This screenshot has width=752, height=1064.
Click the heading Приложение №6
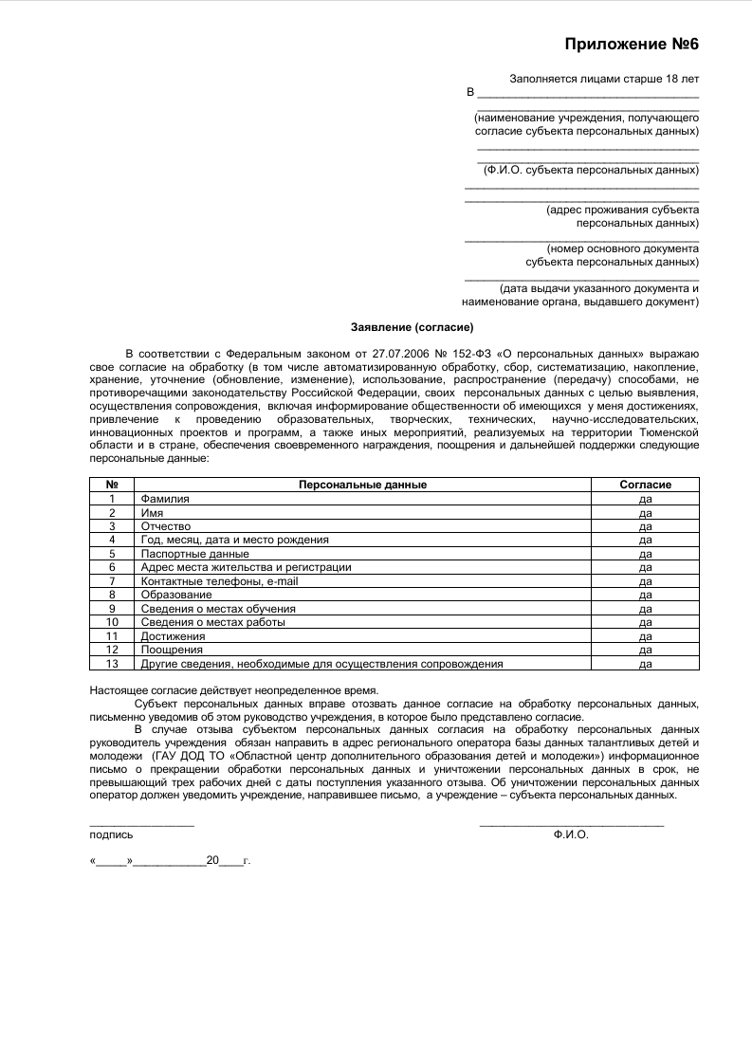click(632, 44)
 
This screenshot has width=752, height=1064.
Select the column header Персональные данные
click(362, 485)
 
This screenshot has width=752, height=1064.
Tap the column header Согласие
click(645, 485)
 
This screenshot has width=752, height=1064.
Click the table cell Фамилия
click(165, 499)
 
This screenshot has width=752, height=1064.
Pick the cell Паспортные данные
click(194, 554)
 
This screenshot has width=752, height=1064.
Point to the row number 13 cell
click(112, 664)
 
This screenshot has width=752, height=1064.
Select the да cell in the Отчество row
click(645, 526)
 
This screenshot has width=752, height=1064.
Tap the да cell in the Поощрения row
click(645, 651)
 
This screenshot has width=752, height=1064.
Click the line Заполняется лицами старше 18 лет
click(604, 80)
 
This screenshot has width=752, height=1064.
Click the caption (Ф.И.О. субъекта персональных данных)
click(590, 170)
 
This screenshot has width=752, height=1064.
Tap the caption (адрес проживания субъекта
click(623, 210)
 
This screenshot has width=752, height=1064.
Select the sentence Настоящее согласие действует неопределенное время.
click(233, 691)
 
